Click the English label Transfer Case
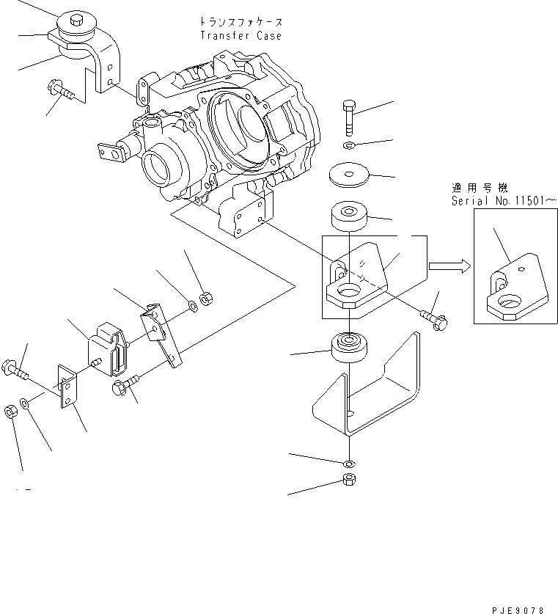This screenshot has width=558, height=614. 240,35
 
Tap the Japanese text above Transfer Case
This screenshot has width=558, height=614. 240,23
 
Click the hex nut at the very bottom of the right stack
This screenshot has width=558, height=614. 350,481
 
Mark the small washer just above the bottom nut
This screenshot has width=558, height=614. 350,464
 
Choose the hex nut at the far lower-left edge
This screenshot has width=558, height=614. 11,412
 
